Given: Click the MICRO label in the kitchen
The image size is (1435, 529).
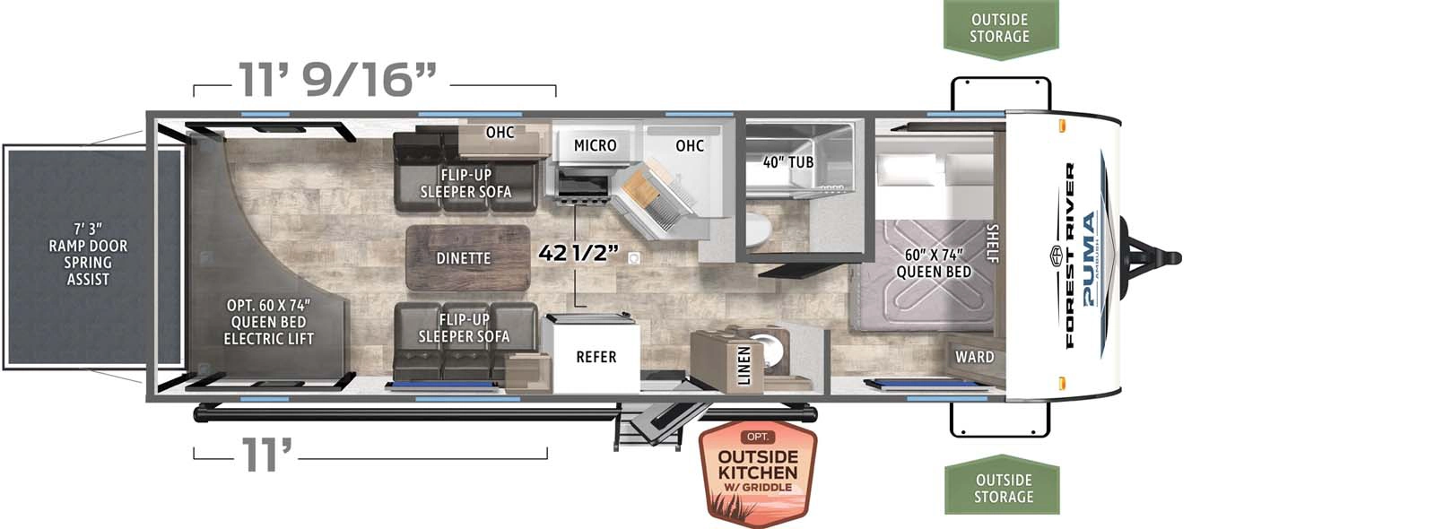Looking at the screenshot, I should [595, 145].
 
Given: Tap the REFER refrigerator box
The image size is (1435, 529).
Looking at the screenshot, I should [596, 357].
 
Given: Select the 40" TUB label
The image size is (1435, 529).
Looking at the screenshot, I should [788, 162].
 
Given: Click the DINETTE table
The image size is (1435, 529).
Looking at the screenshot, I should [463, 258].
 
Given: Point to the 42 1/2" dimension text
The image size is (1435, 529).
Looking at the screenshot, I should [578, 253].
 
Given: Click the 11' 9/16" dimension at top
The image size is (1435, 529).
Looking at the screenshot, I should [337, 80].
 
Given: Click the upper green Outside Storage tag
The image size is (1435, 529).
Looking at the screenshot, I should [1000, 28].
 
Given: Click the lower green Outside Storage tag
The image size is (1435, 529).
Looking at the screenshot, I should [1003, 488].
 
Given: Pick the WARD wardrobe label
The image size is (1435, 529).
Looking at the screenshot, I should [974, 357].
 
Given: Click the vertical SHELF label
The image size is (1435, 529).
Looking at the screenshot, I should [991, 243].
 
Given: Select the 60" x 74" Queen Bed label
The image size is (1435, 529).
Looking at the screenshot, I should [933, 263].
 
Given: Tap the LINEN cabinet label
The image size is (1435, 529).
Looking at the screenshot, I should [744, 367].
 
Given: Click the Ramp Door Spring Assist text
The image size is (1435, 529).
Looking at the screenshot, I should [88, 254].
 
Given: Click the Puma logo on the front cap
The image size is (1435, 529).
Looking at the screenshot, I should [1090, 260].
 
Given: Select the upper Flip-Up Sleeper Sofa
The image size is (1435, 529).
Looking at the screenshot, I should [465, 182].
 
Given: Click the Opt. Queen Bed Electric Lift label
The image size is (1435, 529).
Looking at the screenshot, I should [268, 322].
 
